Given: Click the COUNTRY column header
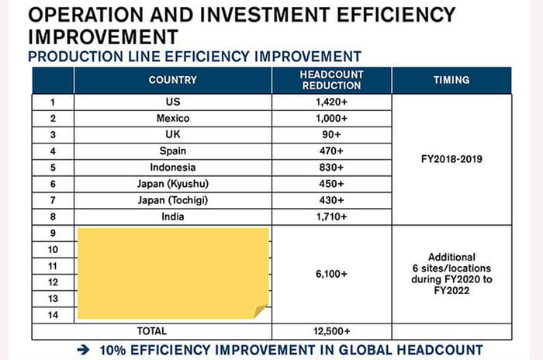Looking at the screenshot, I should pyautogui.click(x=172, y=80).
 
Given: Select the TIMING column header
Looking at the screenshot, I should pyautogui.click(x=451, y=80).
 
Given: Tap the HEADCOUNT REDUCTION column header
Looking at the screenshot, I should pyautogui.click(x=331, y=80).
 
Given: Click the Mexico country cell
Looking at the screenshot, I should pyautogui.click(x=172, y=118).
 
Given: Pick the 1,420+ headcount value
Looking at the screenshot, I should pyautogui.click(x=331, y=102).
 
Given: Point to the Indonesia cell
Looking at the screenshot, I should pyautogui.click(x=172, y=167).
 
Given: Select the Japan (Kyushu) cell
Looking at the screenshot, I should pyautogui.click(x=172, y=184).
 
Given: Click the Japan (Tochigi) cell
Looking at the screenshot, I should pyautogui.click(x=172, y=200).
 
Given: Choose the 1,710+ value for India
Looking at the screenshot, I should pyautogui.click(x=331, y=216).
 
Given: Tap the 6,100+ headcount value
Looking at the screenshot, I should pyautogui.click(x=331, y=274).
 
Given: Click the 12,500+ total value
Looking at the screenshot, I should pyautogui.click(x=331, y=331).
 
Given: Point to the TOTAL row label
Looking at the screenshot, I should pyautogui.click(x=151, y=331).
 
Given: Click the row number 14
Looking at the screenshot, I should pyautogui.click(x=53, y=314).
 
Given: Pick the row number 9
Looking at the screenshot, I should pyautogui.click(x=53, y=233).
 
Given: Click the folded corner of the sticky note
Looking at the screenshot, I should pyautogui.click(x=261, y=311).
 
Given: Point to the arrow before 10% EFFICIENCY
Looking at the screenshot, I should pyautogui.click(x=84, y=350).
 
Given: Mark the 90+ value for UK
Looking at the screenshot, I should pyautogui.click(x=331, y=134).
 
